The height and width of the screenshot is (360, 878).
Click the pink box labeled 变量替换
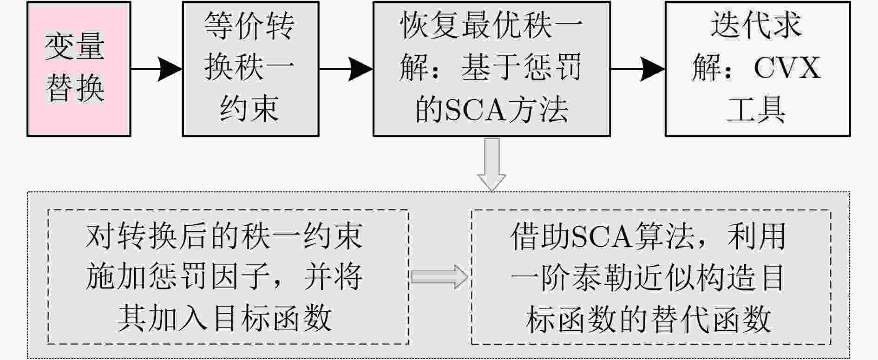click(x=79, y=69)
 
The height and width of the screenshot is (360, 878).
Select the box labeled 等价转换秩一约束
click(x=250, y=69)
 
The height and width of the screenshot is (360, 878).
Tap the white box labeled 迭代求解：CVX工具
click(x=757, y=69)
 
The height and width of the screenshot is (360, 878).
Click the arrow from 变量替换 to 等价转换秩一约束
click(x=157, y=69)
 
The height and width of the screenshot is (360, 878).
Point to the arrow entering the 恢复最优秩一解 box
click(x=346, y=69)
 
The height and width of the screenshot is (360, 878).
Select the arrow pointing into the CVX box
click(x=637, y=69)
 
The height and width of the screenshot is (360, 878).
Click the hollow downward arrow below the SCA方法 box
click(x=491, y=164)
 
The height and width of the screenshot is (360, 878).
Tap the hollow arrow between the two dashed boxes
click(x=439, y=277)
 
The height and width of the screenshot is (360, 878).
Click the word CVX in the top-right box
click(x=787, y=68)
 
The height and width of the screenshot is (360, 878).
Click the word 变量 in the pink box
click(x=75, y=46)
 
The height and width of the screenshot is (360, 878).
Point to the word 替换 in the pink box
click(x=75, y=88)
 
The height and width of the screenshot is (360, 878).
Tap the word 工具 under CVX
click(x=756, y=110)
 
